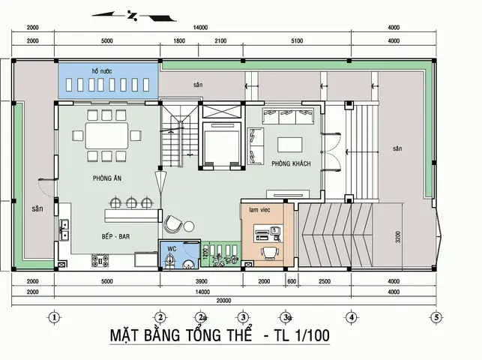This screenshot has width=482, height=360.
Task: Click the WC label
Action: [x=171, y=247]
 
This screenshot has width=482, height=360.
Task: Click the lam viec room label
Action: [x=259, y=211]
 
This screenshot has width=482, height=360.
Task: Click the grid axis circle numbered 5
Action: [x=436, y=316]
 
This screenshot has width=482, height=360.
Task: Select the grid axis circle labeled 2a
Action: [x=201, y=316]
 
